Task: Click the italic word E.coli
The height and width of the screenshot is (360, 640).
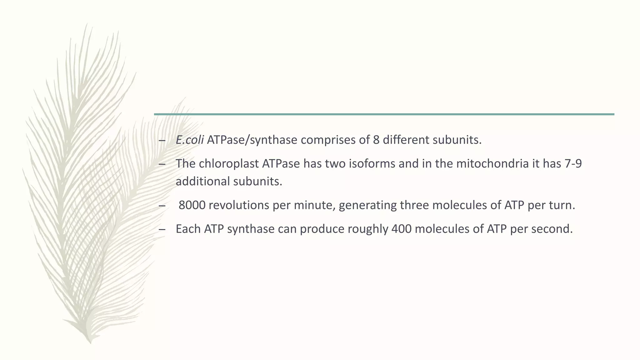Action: coord(190,140)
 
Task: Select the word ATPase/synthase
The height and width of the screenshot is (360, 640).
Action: coord(252,140)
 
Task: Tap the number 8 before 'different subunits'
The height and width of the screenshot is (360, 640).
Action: coord(376,140)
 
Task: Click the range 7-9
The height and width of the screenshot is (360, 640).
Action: coord(573,163)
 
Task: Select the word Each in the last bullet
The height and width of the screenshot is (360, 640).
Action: coord(188,229)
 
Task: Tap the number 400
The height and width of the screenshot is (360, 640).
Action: coord(401,229)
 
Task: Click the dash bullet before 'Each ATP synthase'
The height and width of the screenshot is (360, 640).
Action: coord(162,229)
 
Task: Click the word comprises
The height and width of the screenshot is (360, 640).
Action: coord(328,140)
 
